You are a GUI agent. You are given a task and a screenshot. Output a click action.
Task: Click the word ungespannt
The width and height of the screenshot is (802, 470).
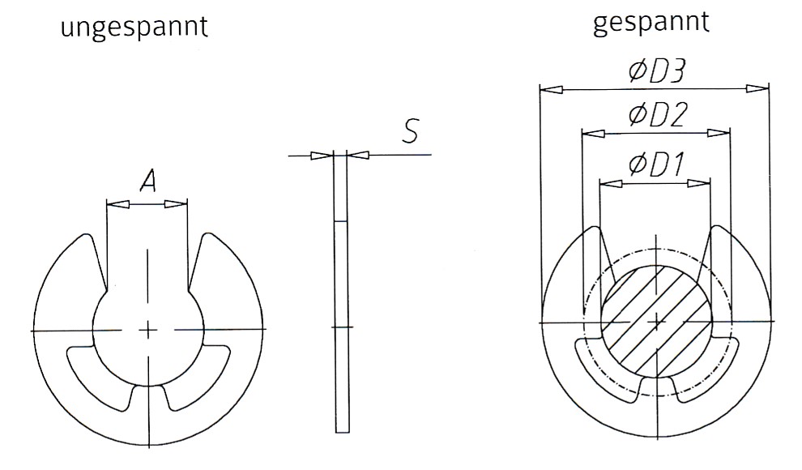click(x=134, y=28)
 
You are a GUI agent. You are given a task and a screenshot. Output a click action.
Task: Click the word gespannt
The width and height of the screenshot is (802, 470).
click(x=651, y=23)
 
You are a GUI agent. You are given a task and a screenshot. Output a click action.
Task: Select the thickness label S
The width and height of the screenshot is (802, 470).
click(x=412, y=132)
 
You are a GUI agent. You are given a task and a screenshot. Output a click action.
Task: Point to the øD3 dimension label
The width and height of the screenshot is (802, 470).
click(x=656, y=71)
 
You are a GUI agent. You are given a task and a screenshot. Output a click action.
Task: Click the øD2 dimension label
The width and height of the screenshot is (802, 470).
click(x=657, y=116)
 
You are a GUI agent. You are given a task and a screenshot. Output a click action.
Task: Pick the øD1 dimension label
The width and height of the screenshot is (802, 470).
click(x=656, y=165)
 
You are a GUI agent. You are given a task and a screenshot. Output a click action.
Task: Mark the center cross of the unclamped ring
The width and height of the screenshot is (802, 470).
click(x=147, y=329)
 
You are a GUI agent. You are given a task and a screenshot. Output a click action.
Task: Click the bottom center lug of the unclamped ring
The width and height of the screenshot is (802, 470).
click(x=147, y=396)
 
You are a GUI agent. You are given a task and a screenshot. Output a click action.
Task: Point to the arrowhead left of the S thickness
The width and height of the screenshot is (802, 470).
click(x=323, y=155)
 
